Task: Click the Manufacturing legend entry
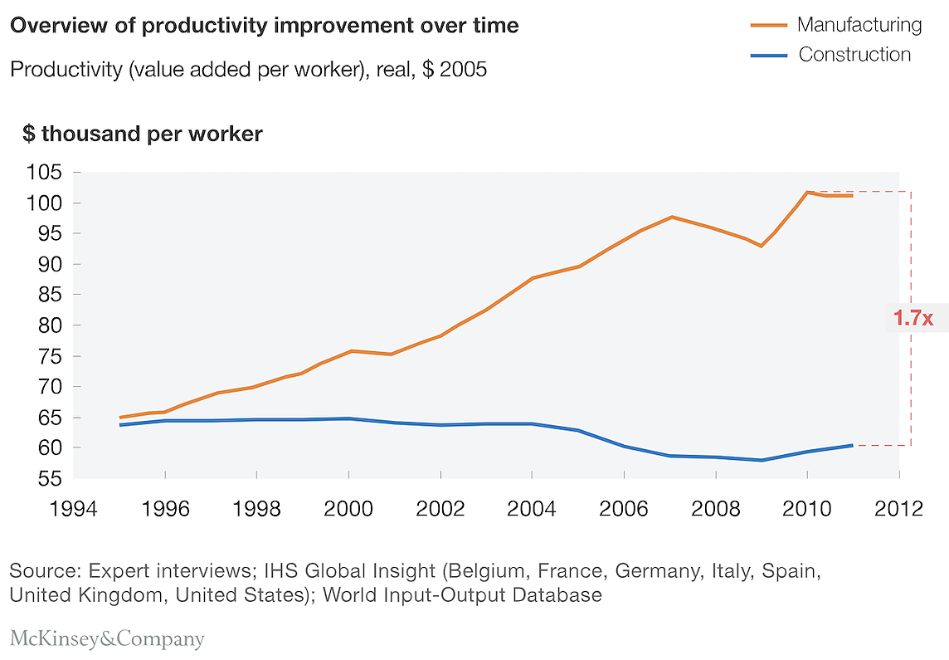coord(836,25)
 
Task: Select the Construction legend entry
coord(830,55)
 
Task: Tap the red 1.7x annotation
coord(913,317)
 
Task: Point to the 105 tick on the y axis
coord(44,172)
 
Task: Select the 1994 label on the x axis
coord(73,509)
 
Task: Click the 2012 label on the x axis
coord(898,509)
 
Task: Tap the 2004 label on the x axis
coord(532,509)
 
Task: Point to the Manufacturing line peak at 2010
coord(807,192)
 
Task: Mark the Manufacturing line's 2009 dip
coord(762,246)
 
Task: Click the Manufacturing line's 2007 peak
coord(672,217)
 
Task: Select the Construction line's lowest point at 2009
coord(762,460)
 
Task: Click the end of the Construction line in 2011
coord(852,446)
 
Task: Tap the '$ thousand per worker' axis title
coord(143,134)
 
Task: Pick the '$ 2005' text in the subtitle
coord(455,69)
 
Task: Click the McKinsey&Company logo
coord(107,638)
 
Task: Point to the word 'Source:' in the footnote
coord(46,571)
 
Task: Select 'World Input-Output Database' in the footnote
coord(462,595)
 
